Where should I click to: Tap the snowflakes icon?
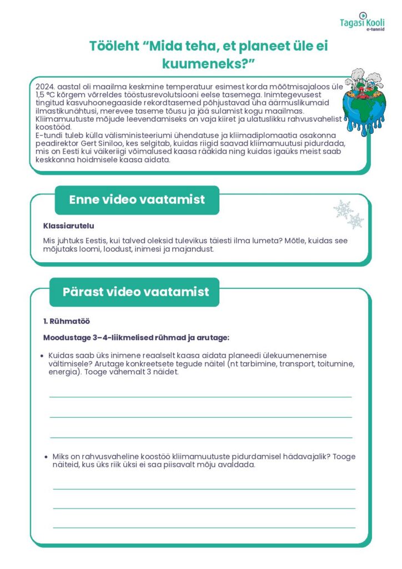pos(348,214)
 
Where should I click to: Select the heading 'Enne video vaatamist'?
pos(137,200)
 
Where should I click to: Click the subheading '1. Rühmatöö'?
pos(67,321)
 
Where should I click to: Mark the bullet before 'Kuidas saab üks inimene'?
pos(43,356)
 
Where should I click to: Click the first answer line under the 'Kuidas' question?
pos(200,397)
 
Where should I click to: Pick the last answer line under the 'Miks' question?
pos(204,527)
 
